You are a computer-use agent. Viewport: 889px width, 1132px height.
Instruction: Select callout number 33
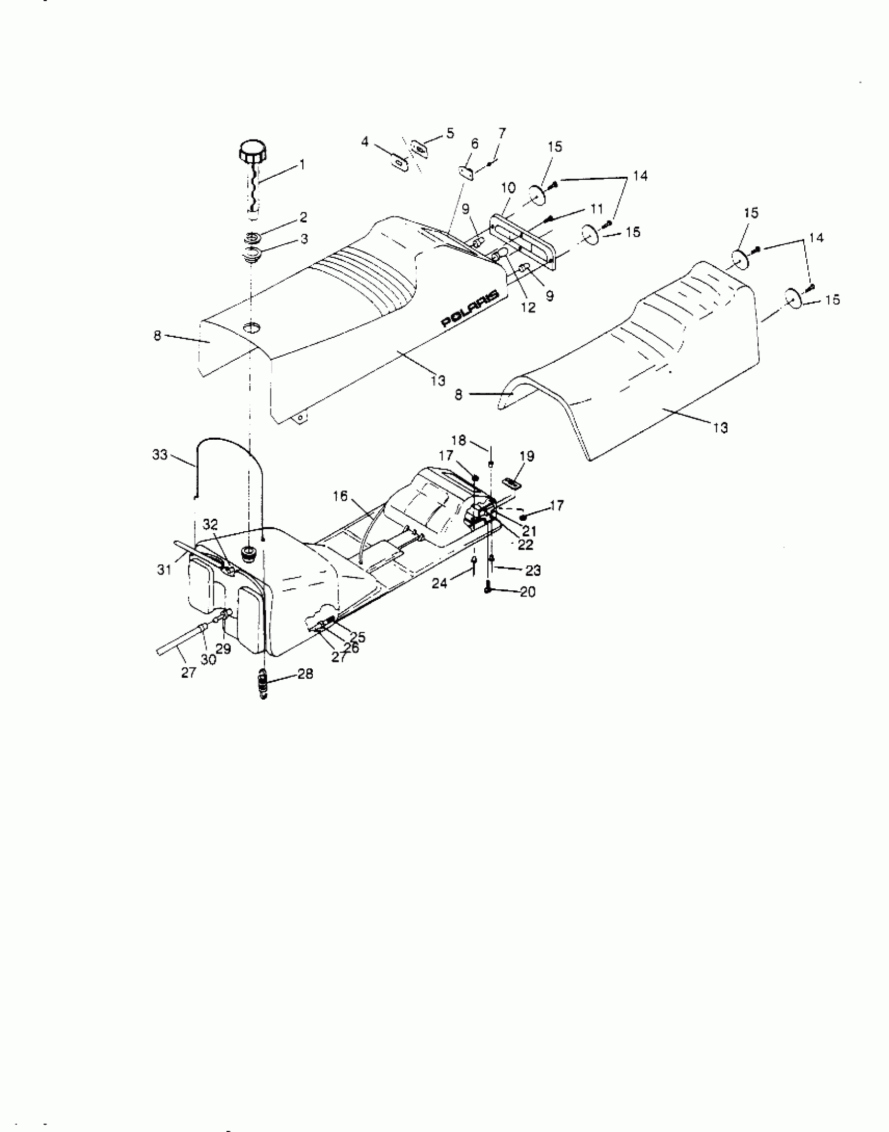pos(160,455)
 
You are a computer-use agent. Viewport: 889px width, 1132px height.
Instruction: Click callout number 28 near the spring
pos(305,674)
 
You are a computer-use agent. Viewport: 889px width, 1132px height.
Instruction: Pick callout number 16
pos(340,496)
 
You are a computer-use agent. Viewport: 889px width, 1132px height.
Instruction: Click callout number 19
pos(527,456)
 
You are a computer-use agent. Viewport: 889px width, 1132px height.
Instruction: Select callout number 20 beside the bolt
pos(528,592)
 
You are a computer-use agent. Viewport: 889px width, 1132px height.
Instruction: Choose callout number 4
pos(365,141)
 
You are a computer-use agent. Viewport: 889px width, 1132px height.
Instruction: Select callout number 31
pos(165,569)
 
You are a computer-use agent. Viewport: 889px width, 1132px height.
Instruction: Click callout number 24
pos(439,582)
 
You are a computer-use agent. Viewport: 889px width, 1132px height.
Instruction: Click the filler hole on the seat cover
pos(253,328)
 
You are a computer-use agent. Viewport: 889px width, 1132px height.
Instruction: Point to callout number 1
pos(302,165)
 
